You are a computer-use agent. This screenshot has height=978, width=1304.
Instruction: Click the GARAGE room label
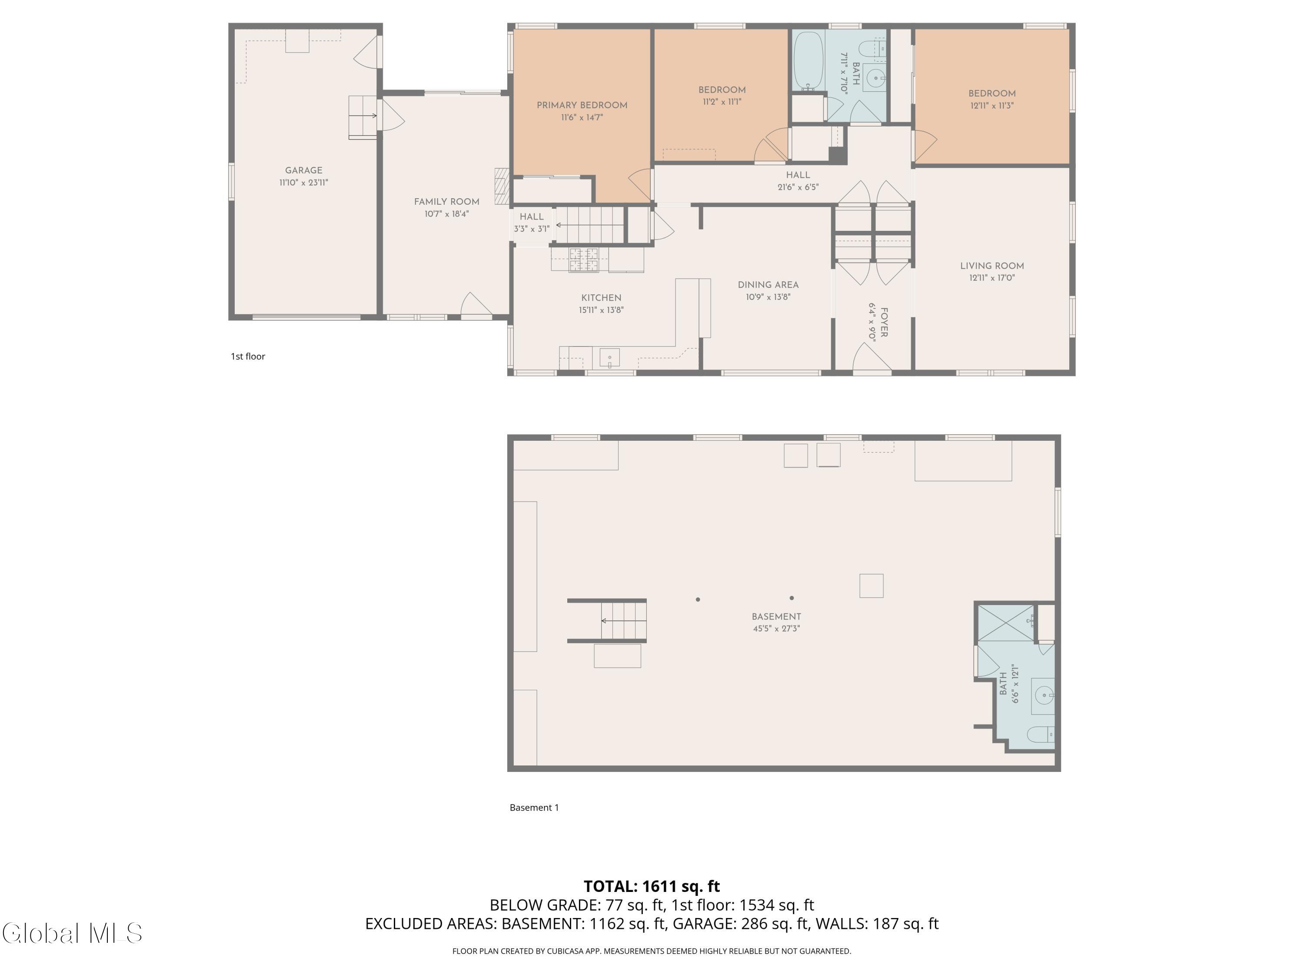303,170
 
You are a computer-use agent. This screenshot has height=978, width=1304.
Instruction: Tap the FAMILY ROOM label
446,202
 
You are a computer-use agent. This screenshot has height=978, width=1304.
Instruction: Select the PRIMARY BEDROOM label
582,106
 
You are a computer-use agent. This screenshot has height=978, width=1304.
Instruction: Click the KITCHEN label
601,298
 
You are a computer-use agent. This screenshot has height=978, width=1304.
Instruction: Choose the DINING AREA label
768,285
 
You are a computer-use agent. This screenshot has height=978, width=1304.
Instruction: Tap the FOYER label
883,323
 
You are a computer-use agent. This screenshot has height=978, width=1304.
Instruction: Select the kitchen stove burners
584,260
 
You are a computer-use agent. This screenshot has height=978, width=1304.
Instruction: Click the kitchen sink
609,358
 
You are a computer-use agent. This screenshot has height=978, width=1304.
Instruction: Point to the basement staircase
607,620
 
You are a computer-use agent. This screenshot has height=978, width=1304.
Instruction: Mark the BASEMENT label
776,617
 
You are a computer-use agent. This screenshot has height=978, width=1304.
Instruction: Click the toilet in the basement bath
1041,735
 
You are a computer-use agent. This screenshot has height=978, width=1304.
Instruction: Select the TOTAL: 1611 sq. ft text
652,886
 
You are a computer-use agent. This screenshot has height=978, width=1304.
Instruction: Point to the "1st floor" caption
248,356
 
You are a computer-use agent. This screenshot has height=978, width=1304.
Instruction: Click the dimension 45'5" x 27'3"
776,629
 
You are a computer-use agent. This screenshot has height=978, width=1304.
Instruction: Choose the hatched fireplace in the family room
501,186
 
